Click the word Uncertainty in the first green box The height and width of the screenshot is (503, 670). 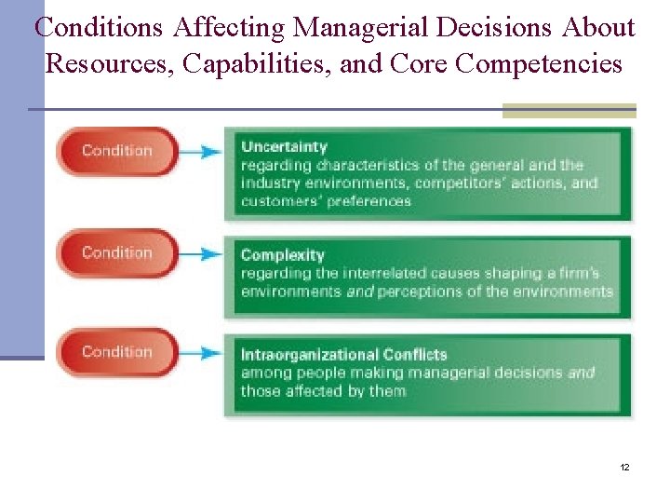[x=284, y=146]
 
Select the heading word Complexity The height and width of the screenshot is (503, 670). [x=282, y=255]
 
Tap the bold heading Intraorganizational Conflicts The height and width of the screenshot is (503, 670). [x=343, y=355]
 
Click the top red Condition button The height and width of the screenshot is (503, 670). [x=116, y=151]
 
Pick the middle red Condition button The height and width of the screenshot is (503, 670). [x=116, y=252]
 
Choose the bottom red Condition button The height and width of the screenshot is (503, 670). [x=116, y=352]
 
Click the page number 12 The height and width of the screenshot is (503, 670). [x=624, y=467]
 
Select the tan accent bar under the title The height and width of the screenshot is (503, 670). [x=569, y=111]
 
